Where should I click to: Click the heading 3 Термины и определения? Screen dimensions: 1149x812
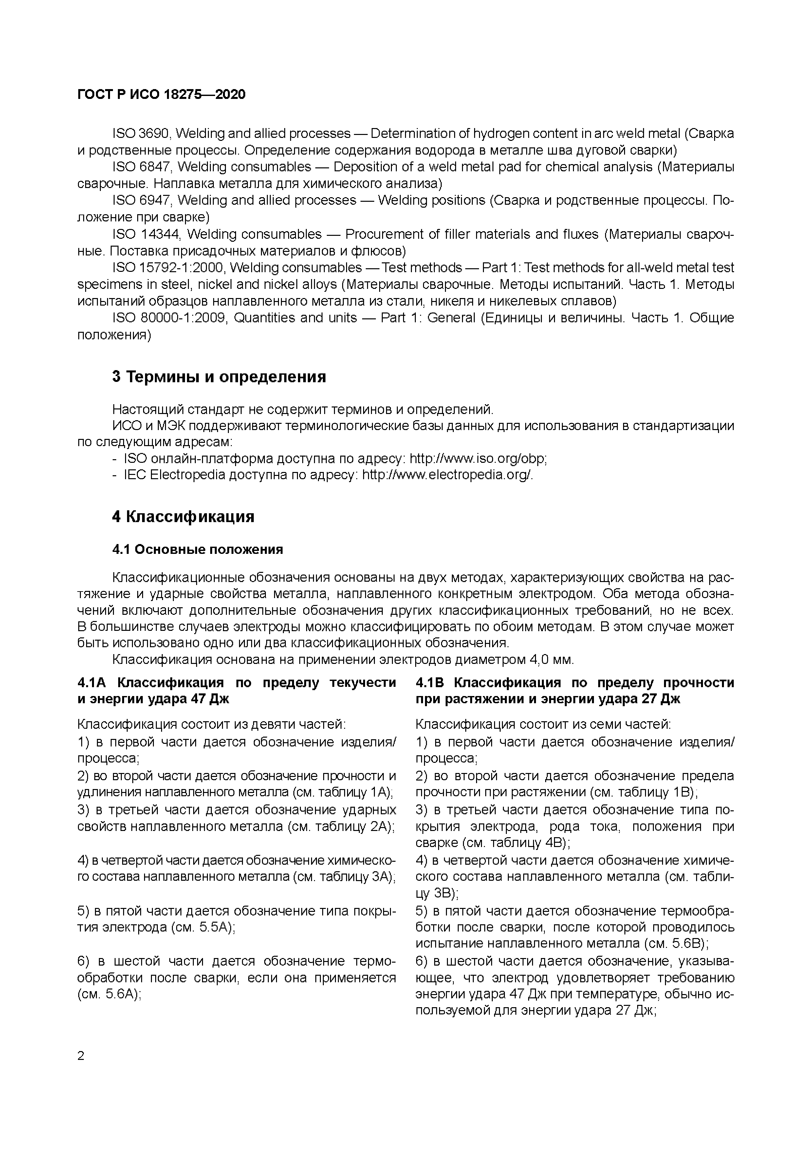(219, 376)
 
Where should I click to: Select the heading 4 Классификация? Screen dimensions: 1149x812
(183, 516)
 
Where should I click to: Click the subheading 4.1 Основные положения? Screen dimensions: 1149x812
(198, 550)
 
